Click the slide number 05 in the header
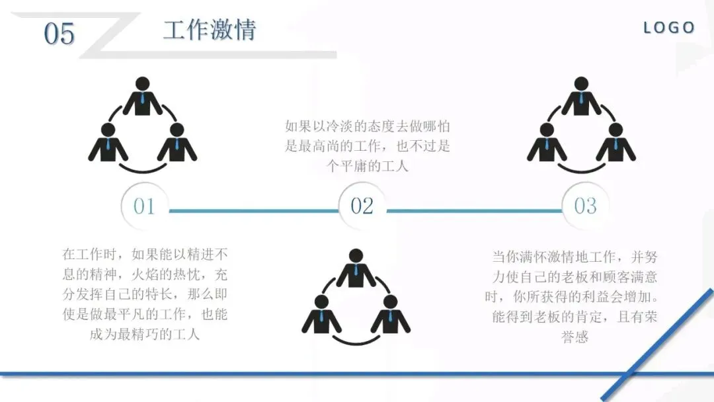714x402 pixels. (x=59, y=34)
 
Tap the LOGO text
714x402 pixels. (x=669, y=28)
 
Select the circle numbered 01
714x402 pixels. (x=144, y=206)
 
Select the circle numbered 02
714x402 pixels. (x=362, y=206)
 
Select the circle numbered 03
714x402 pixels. (x=585, y=206)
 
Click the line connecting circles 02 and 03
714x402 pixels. (x=473, y=212)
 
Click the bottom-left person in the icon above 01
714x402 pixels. (x=108, y=143)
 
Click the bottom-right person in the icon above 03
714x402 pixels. (x=615, y=143)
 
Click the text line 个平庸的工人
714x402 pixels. (x=368, y=166)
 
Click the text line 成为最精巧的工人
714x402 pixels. (x=145, y=334)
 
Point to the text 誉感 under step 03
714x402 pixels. (x=575, y=337)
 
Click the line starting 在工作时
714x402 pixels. (x=145, y=255)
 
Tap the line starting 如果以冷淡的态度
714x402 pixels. (x=368, y=126)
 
